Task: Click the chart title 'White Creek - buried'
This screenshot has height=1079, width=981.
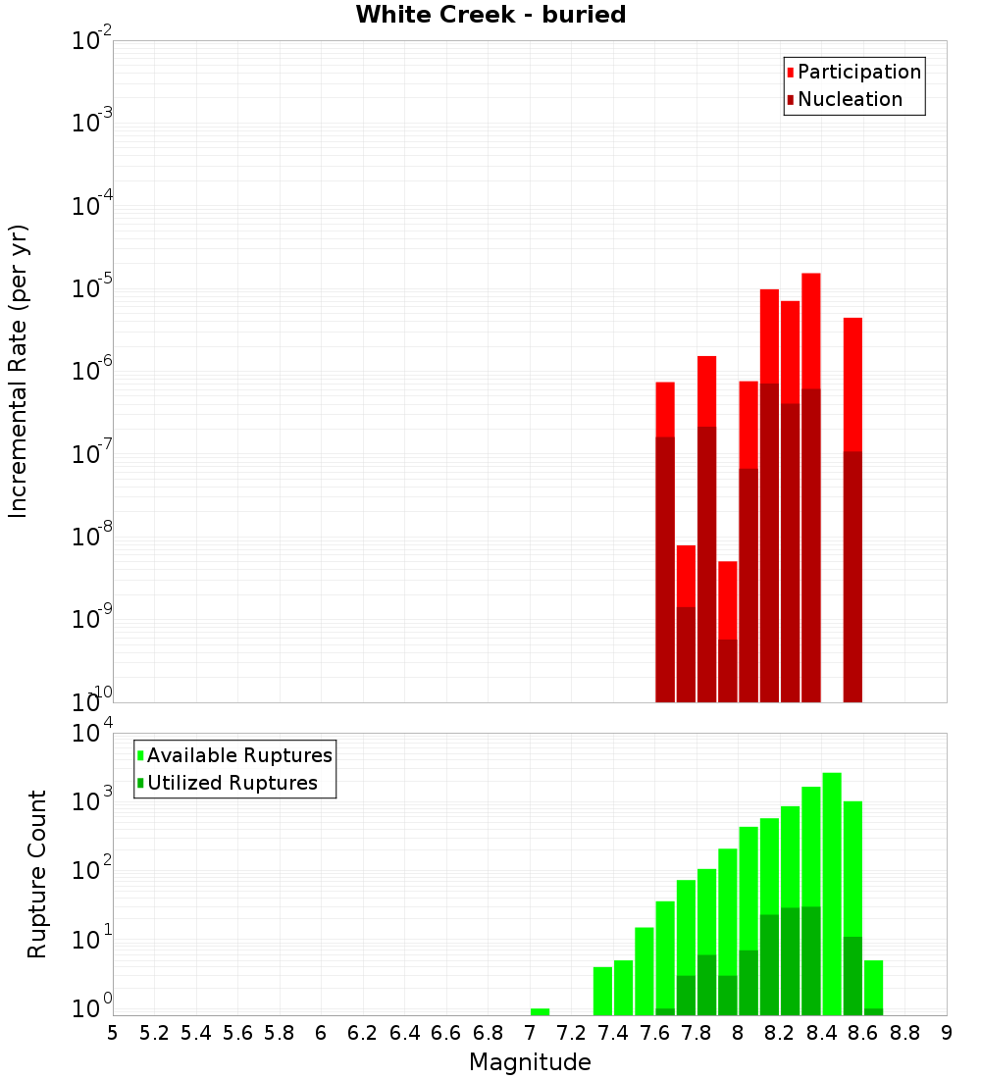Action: click(x=490, y=15)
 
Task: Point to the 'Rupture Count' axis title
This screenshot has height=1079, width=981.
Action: click(x=37, y=873)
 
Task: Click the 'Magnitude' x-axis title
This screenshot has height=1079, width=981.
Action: click(x=530, y=1062)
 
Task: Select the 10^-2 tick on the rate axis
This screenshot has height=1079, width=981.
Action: click(x=92, y=41)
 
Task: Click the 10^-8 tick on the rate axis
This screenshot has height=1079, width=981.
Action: click(x=92, y=537)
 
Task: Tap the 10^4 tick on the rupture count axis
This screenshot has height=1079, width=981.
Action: click(x=92, y=734)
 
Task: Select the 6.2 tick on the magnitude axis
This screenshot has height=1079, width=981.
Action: click(x=363, y=1033)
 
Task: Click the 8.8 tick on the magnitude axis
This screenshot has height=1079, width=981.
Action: click(x=904, y=1033)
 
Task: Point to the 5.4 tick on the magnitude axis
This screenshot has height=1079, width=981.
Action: click(x=196, y=1033)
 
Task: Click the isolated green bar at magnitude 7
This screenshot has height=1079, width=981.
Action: click(x=540, y=1011)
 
